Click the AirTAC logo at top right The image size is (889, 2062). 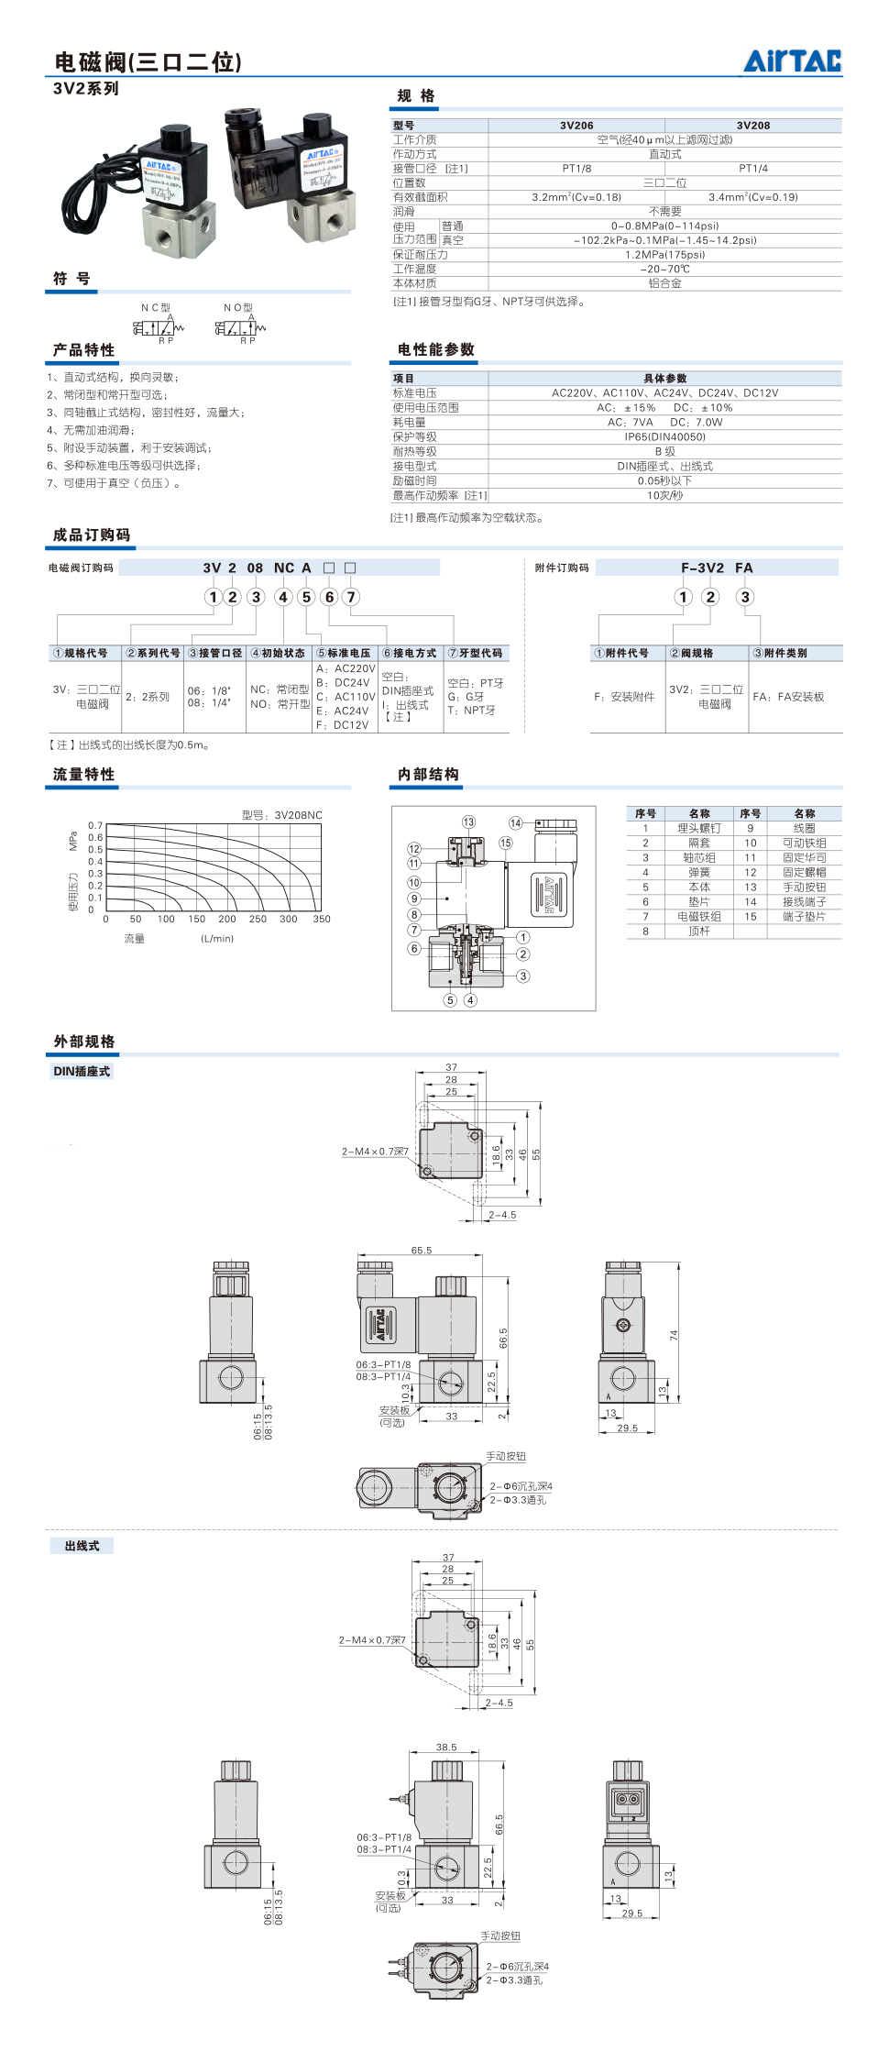click(792, 61)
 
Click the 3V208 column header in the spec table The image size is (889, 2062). click(752, 126)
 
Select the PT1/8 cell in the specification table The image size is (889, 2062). click(576, 169)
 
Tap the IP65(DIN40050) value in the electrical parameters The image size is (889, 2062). click(664, 437)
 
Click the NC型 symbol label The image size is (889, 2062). click(156, 308)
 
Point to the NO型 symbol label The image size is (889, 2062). click(238, 308)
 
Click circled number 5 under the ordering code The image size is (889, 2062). click(307, 597)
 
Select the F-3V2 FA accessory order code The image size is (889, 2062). click(717, 568)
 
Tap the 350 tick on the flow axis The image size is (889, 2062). click(322, 919)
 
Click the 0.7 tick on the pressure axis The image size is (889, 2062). click(95, 826)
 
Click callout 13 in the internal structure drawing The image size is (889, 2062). click(468, 821)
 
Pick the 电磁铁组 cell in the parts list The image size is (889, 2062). click(699, 917)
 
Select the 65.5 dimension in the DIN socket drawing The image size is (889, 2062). click(421, 1251)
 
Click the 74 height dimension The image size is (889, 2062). click(674, 1336)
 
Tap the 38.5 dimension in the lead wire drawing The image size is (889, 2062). click(446, 1748)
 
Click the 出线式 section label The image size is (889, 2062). click(82, 1546)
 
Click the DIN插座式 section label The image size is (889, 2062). click(82, 1071)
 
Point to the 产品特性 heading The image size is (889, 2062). click(84, 350)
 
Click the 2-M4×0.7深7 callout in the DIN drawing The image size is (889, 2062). click(375, 1152)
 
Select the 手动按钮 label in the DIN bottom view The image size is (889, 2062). click(506, 1456)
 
